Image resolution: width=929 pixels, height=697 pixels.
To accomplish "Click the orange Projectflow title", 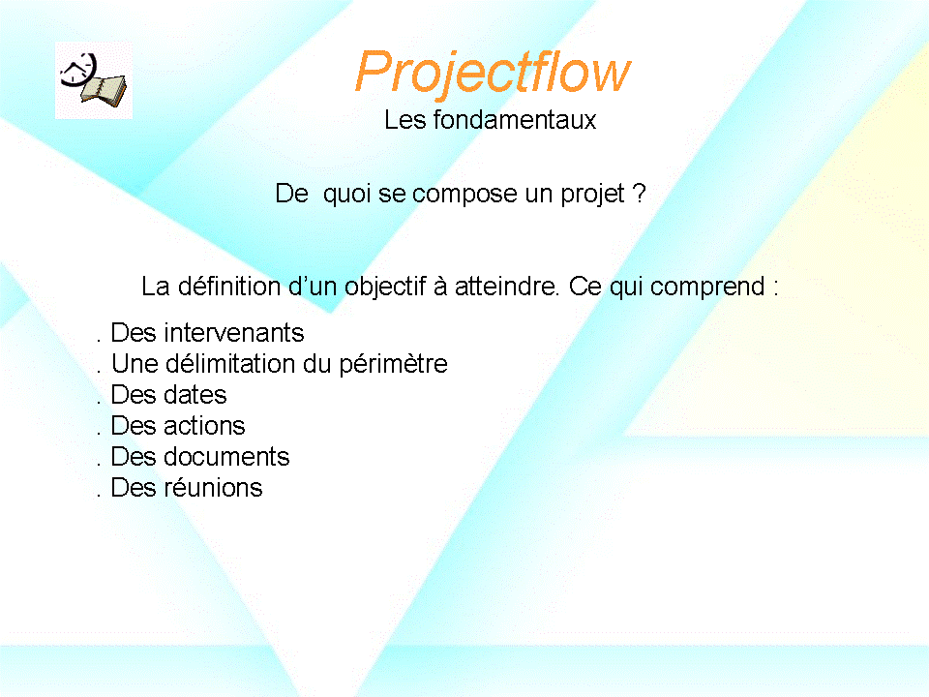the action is [493, 74].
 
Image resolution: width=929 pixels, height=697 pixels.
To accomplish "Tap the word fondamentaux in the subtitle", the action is [514, 120].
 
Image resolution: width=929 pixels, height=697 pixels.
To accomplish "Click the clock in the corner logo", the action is [78, 70].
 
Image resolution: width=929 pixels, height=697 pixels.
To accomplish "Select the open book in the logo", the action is [105, 91].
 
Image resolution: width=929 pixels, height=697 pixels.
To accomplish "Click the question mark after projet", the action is [639, 194].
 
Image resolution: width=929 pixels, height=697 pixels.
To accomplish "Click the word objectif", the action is [384, 287].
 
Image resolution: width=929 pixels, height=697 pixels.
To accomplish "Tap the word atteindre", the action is [506, 287].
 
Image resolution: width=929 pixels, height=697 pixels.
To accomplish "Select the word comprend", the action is [707, 287].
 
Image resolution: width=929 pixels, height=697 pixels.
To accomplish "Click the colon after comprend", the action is [775, 288].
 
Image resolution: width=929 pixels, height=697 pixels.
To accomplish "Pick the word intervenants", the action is [234, 333].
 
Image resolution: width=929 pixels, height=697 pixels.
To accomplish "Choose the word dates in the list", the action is [195, 395].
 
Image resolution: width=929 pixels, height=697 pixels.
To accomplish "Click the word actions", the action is [204, 426].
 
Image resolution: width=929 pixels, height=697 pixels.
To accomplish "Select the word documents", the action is [226, 457].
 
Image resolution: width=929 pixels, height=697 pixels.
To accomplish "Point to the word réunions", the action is [213, 488].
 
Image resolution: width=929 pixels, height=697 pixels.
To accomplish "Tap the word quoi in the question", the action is [346, 195].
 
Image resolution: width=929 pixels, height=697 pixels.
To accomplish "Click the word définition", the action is [229, 287].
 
